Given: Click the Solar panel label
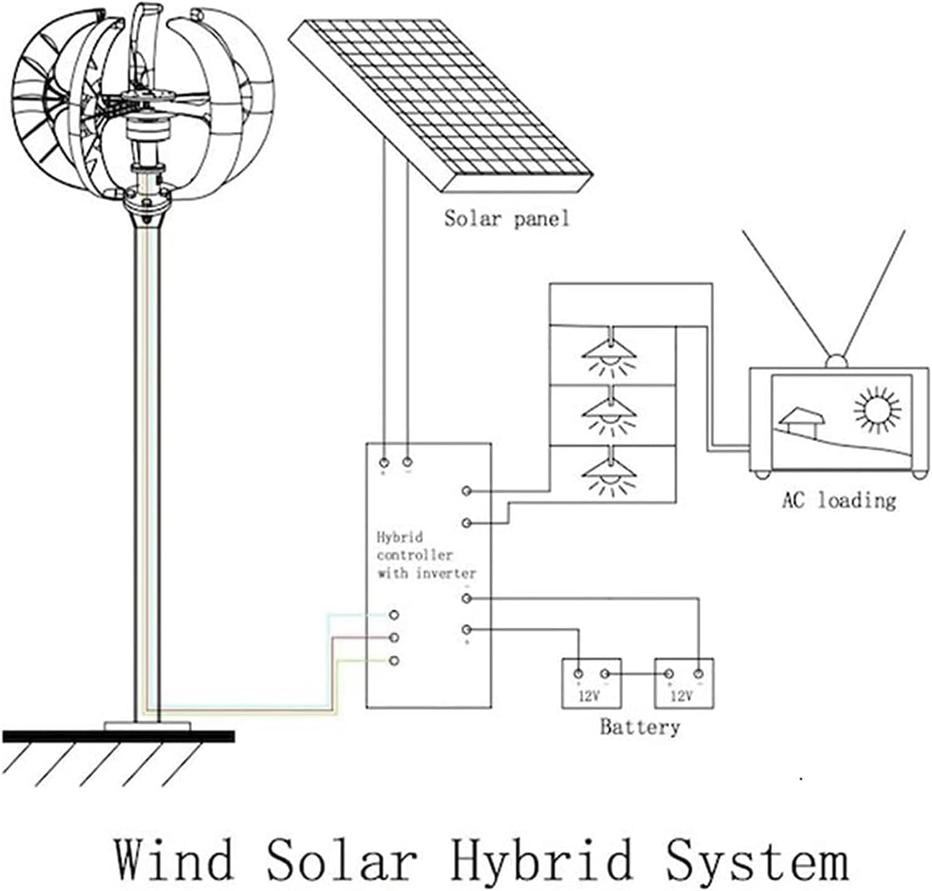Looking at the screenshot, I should tap(506, 219).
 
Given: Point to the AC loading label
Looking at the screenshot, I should tap(839, 500).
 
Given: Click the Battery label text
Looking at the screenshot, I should tap(639, 727).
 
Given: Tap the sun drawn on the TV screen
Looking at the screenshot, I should tap(877, 410).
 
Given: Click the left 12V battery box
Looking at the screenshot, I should tap(592, 683).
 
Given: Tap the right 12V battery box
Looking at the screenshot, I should tap(684, 683).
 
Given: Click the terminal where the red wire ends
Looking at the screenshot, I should tap(393, 638).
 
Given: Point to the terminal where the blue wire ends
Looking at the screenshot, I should tap(393, 615).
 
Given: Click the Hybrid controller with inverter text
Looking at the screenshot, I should tap(426, 555).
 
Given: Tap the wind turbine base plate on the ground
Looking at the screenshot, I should tap(148, 726).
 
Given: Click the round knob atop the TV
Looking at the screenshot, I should tap(836, 361).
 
